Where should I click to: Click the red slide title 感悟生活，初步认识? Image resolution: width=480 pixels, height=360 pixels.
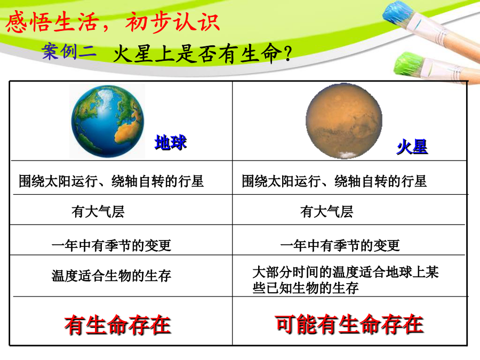(x=113, y=22)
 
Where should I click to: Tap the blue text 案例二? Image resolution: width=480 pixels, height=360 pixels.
(x=69, y=51)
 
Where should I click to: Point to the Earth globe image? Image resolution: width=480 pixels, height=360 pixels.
(x=107, y=121)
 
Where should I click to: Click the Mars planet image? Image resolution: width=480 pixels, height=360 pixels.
(x=344, y=121)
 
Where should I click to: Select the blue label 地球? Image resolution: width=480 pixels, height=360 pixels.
(x=171, y=142)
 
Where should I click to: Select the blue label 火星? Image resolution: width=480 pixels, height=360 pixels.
(x=412, y=147)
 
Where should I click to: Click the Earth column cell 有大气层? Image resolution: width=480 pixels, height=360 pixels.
(x=98, y=212)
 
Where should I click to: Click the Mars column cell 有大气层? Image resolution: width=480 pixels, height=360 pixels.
(x=326, y=212)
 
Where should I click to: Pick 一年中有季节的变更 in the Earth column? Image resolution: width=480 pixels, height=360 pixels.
(x=111, y=245)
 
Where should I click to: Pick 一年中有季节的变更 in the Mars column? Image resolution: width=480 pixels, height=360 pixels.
(x=340, y=245)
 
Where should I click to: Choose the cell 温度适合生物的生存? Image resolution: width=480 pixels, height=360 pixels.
(x=111, y=276)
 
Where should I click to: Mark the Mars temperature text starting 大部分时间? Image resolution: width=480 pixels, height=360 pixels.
(x=346, y=280)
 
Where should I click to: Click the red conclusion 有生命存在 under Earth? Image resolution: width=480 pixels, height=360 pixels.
(x=117, y=324)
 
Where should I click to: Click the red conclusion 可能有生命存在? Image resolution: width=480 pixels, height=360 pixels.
(x=349, y=324)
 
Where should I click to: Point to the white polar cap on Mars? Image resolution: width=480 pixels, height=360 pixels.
(x=345, y=155)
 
